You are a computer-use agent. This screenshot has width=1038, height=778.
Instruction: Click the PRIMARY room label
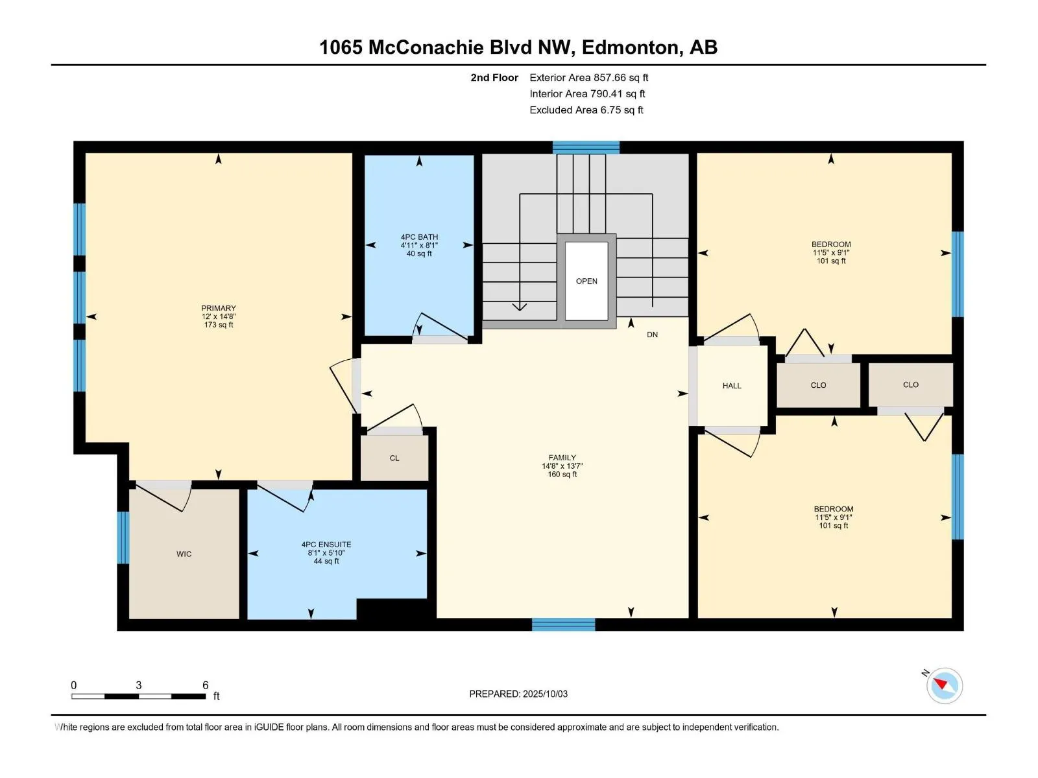tap(218, 308)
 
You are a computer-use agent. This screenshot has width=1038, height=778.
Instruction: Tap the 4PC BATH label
tap(419, 237)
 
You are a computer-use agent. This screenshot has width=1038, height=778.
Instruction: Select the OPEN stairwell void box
tap(586, 281)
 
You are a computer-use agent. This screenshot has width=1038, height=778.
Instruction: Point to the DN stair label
tap(652, 335)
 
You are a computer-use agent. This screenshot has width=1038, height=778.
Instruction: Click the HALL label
tap(732, 386)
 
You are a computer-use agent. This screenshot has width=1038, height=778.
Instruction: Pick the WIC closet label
tap(184, 554)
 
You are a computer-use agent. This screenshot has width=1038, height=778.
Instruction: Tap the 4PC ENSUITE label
tap(326, 545)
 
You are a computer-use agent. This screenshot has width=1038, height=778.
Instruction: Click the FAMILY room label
tap(562, 457)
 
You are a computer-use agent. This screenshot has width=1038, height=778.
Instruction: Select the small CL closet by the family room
tap(394, 458)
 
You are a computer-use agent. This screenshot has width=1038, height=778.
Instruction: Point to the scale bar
tap(139, 696)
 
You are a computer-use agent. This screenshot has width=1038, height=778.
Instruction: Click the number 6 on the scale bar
tap(205, 685)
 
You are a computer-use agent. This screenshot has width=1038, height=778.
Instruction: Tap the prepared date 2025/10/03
tap(545, 694)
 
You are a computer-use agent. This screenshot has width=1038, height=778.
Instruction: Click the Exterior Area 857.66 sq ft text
tap(589, 77)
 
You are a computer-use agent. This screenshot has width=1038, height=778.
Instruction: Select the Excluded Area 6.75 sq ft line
tap(586, 110)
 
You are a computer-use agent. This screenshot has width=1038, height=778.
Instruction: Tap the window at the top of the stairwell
tap(586, 147)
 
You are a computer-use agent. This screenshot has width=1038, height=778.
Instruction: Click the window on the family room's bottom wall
tap(563, 624)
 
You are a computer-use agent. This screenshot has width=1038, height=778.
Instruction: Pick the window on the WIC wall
tap(123, 537)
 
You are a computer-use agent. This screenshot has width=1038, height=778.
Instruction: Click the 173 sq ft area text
tap(218, 325)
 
